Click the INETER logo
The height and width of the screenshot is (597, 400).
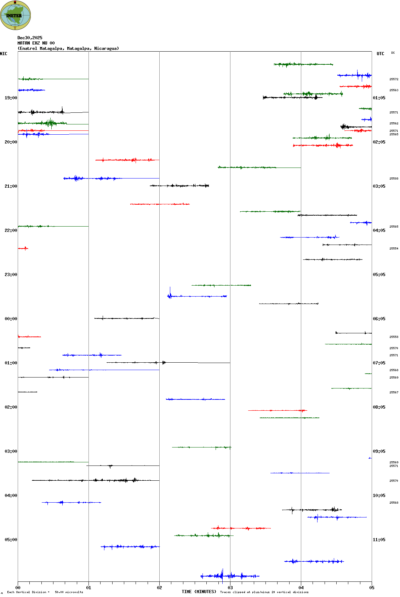pyautogui.click(x=15, y=15)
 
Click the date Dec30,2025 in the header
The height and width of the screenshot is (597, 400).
pyautogui.click(x=30, y=38)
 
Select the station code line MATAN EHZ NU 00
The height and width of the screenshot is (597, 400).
pyautogui.click(x=36, y=43)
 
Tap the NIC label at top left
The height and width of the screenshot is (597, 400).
pyautogui.click(x=4, y=54)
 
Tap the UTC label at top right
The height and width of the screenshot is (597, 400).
pyautogui.click(x=380, y=54)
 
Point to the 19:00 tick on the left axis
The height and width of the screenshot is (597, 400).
pyautogui.click(x=11, y=98)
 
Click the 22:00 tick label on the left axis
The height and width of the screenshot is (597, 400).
pyautogui.click(x=11, y=230)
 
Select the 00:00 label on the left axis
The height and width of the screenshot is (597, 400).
pyautogui.click(x=11, y=319)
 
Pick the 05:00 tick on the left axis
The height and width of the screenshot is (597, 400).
pyautogui.click(x=11, y=540)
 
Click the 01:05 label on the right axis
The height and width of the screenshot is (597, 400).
pyautogui.click(x=379, y=98)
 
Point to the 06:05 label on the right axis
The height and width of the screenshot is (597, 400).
pyautogui.click(x=379, y=319)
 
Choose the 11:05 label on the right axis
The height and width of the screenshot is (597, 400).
pyautogui.click(x=379, y=540)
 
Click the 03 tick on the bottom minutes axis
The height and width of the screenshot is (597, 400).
pyautogui.click(x=230, y=588)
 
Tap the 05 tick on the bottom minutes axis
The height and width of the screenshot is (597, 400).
pyautogui.click(x=372, y=588)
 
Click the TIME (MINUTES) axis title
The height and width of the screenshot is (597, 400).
pyautogui.click(x=199, y=592)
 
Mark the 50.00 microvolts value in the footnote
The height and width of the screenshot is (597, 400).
pyautogui.click(x=69, y=592)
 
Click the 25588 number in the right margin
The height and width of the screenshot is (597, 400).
pyautogui.click(x=394, y=179)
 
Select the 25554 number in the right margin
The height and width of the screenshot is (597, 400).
pyautogui.click(x=394, y=249)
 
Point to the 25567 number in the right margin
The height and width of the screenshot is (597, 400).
pyautogui.click(x=394, y=393)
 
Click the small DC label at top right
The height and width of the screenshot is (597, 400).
pyautogui.click(x=393, y=53)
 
